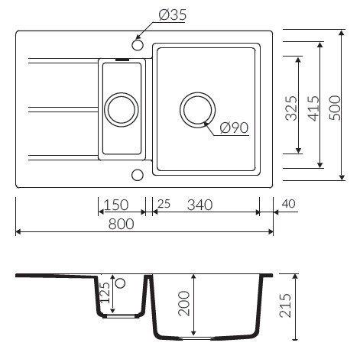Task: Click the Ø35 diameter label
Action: pyautogui.click(x=173, y=15)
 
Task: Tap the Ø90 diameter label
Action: pyautogui.click(x=234, y=128)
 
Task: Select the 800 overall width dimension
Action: pyautogui.click(x=121, y=224)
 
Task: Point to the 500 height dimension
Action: pyautogui.click(x=335, y=108)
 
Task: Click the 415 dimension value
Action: pyautogui.click(x=313, y=108)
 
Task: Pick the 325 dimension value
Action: pyautogui.click(x=291, y=108)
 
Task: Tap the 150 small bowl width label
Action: pyautogui.click(x=116, y=205)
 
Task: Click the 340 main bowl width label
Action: pyautogui.click(x=199, y=205)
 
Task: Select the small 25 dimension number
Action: pyautogui.click(x=164, y=204)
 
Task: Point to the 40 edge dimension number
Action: pyautogui.click(x=289, y=204)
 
